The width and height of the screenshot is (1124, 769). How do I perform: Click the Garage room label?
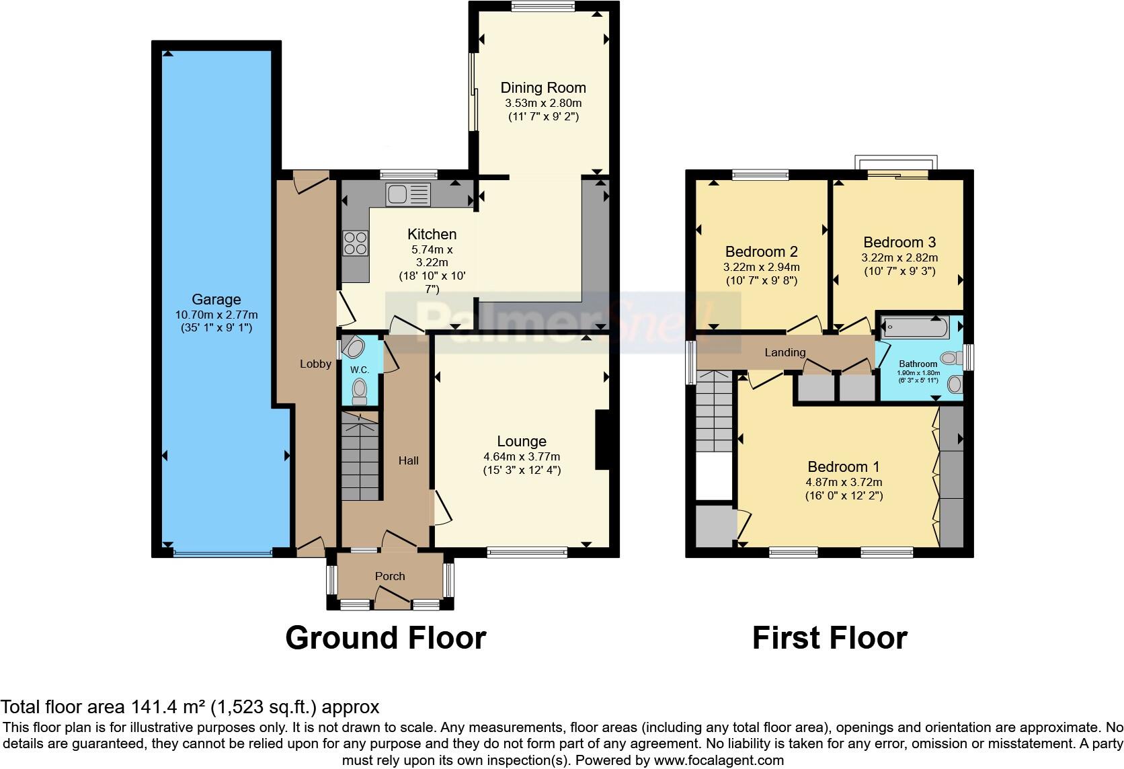216,300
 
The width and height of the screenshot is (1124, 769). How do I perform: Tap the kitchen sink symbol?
407,196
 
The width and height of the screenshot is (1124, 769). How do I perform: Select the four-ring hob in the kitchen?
356,243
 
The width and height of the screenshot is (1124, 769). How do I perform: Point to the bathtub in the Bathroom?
915,328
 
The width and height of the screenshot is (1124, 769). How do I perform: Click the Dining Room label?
543,88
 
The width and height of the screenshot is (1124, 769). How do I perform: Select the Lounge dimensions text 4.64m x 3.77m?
522,456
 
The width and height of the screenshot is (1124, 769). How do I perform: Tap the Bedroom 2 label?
761,252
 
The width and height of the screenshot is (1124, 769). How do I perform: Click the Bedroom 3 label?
899,243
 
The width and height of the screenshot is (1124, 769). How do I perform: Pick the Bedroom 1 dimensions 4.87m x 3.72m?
844,482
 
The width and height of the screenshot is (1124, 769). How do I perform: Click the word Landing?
785,353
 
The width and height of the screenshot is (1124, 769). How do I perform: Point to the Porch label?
390,576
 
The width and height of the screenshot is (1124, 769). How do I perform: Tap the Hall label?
408,460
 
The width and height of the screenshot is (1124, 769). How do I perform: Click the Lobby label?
315,364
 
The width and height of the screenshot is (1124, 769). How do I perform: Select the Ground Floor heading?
385,637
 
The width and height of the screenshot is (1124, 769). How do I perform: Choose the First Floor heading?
830,637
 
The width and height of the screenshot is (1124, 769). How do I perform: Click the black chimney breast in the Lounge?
602,440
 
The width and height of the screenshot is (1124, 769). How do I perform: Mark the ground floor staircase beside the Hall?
360,457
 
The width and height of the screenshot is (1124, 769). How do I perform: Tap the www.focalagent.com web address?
719,761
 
